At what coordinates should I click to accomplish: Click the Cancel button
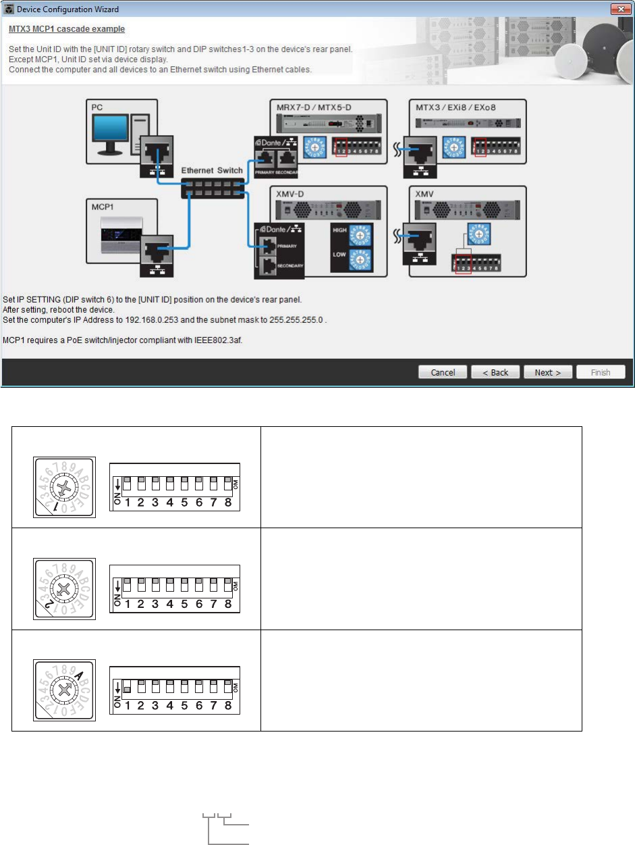coord(443,372)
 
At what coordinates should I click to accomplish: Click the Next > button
coord(548,372)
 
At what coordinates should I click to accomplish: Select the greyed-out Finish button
coord(601,372)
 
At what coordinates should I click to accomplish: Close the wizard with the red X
coord(620,9)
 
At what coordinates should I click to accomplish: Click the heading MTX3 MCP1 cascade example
coord(67,30)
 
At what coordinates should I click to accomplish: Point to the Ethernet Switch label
coord(211,171)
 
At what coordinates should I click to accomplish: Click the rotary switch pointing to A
coord(65,690)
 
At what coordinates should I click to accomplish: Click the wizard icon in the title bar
coord(9,9)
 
